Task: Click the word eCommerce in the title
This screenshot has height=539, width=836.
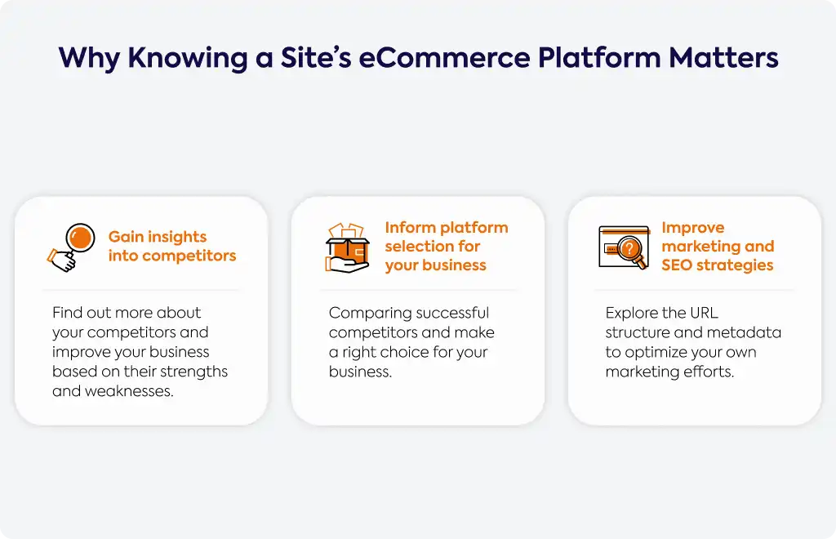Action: coord(444,58)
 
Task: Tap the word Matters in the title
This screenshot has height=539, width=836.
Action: coord(723,58)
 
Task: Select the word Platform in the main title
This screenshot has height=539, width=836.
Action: coord(599,58)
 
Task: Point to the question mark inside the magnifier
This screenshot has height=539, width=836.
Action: coord(629,248)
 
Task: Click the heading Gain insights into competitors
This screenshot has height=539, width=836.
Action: coord(171,247)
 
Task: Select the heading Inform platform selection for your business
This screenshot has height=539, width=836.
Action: coord(447,247)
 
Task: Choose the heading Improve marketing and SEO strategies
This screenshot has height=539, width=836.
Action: coord(718,247)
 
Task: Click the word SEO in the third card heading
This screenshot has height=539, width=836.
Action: coord(677,265)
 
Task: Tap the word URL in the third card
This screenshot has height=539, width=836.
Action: coord(704,313)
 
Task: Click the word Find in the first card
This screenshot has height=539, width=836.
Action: coord(66,313)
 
